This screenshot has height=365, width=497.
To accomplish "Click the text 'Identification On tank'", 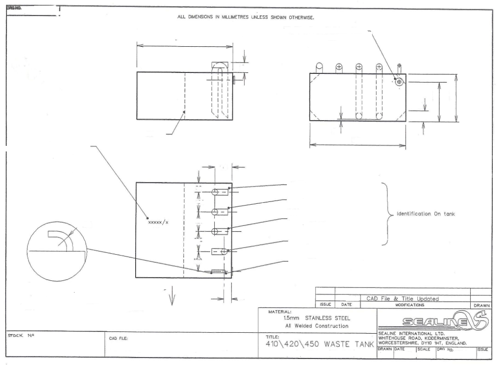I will [x=426, y=214].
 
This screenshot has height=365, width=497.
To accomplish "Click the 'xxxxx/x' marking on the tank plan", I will [x=158, y=222].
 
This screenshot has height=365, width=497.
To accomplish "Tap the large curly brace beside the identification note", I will [x=387, y=214].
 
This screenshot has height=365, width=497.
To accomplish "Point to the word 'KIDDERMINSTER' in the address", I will [x=441, y=339].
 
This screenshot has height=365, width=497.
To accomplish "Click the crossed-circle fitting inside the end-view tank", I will [x=399, y=82].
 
